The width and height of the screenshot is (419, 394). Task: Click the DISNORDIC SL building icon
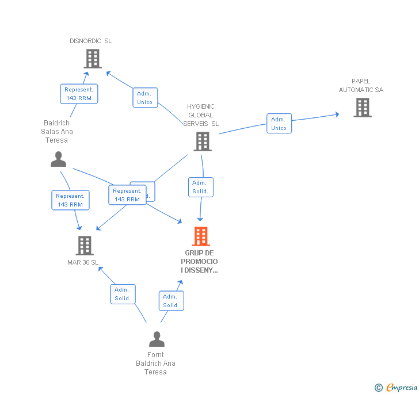tap(92, 59)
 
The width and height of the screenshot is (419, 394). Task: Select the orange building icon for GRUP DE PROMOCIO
tap(200, 236)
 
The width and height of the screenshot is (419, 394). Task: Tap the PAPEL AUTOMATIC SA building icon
tap(362, 108)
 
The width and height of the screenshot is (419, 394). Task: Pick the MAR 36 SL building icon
tap(85, 246)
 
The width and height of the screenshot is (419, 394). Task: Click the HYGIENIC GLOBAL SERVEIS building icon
tap(202, 141)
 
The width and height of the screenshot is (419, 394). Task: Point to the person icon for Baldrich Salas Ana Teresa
tap(58, 159)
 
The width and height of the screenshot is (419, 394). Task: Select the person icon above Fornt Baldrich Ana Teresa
tap(156, 339)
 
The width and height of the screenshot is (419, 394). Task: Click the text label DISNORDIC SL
tap(91, 41)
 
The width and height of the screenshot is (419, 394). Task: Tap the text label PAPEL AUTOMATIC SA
tap(361, 86)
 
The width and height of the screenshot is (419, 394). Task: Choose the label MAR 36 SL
tap(83, 263)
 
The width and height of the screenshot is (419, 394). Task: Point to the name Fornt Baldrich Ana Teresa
tap(155, 364)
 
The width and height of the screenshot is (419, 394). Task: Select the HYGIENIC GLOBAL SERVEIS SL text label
tap(201, 115)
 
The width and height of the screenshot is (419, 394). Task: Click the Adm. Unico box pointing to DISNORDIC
tap(144, 98)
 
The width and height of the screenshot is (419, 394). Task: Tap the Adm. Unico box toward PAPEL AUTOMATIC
tap(279, 124)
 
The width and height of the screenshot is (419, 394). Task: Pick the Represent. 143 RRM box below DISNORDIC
tap(79, 94)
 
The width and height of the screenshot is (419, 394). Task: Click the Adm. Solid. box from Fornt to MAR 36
tap(123, 294)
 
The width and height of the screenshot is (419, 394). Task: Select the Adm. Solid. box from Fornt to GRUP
tap(171, 301)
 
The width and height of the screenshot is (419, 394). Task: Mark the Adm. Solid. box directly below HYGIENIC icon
tap(200, 187)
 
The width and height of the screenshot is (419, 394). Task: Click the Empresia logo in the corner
tap(397, 388)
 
